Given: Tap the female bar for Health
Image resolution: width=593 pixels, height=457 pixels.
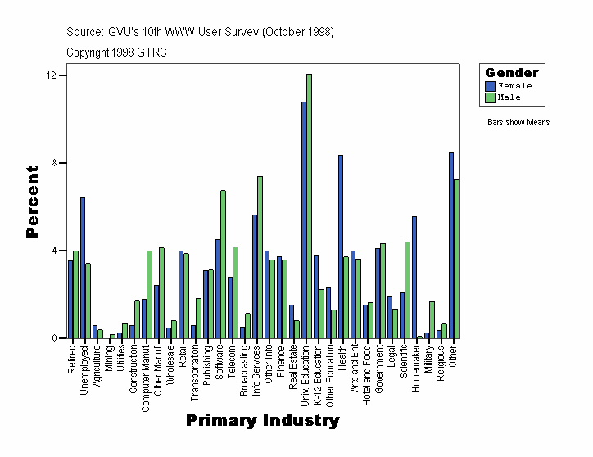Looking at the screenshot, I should [340, 247].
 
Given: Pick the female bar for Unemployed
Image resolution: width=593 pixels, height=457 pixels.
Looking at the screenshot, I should [83, 268].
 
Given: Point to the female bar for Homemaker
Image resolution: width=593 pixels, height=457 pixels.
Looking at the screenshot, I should [414, 277].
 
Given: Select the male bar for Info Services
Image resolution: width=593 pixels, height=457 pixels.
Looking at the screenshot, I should [260, 257].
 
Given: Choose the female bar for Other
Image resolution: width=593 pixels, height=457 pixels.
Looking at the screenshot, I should [450, 245].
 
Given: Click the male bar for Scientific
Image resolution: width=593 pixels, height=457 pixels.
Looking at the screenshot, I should [407, 290].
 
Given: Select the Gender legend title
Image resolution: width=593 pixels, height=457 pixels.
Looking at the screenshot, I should [512, 73].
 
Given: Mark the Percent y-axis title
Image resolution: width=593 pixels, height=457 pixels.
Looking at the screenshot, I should [32, 201].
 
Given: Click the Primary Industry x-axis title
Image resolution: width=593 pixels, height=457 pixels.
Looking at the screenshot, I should [262, 421].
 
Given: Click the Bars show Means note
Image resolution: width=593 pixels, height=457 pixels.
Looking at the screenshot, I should [518, 123].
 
